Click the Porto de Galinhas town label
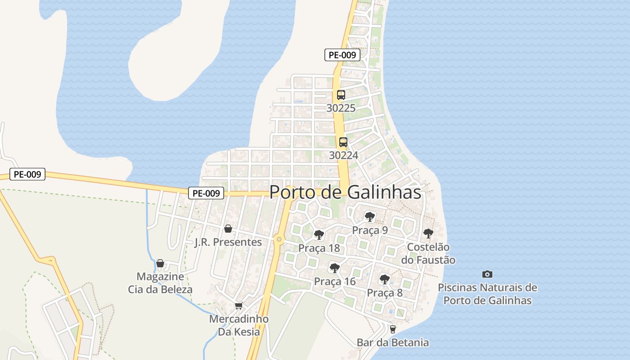click(345, 192)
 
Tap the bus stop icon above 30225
click(341, 95)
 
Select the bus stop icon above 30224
click(343, 142)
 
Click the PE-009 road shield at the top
click(342, 55)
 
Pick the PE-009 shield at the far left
click(27, 174)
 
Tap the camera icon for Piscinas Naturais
click(487, 274)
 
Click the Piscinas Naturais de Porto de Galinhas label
click(488, 294)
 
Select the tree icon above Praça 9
click(370, 217)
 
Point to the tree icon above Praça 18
click(319, 234)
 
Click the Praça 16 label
click(335, 282)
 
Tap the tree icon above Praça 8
click(384, 279)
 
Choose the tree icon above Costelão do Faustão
click(428, 234)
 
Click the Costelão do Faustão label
click(428, 254)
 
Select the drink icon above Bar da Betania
click(393, 329)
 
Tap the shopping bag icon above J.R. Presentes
click(228, 229)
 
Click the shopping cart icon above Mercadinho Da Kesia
click(239, 306)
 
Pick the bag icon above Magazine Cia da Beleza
click(160, 263)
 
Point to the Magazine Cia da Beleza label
click(160, 283)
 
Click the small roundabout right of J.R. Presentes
click(279, 239)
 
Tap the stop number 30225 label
click(341, 108)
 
